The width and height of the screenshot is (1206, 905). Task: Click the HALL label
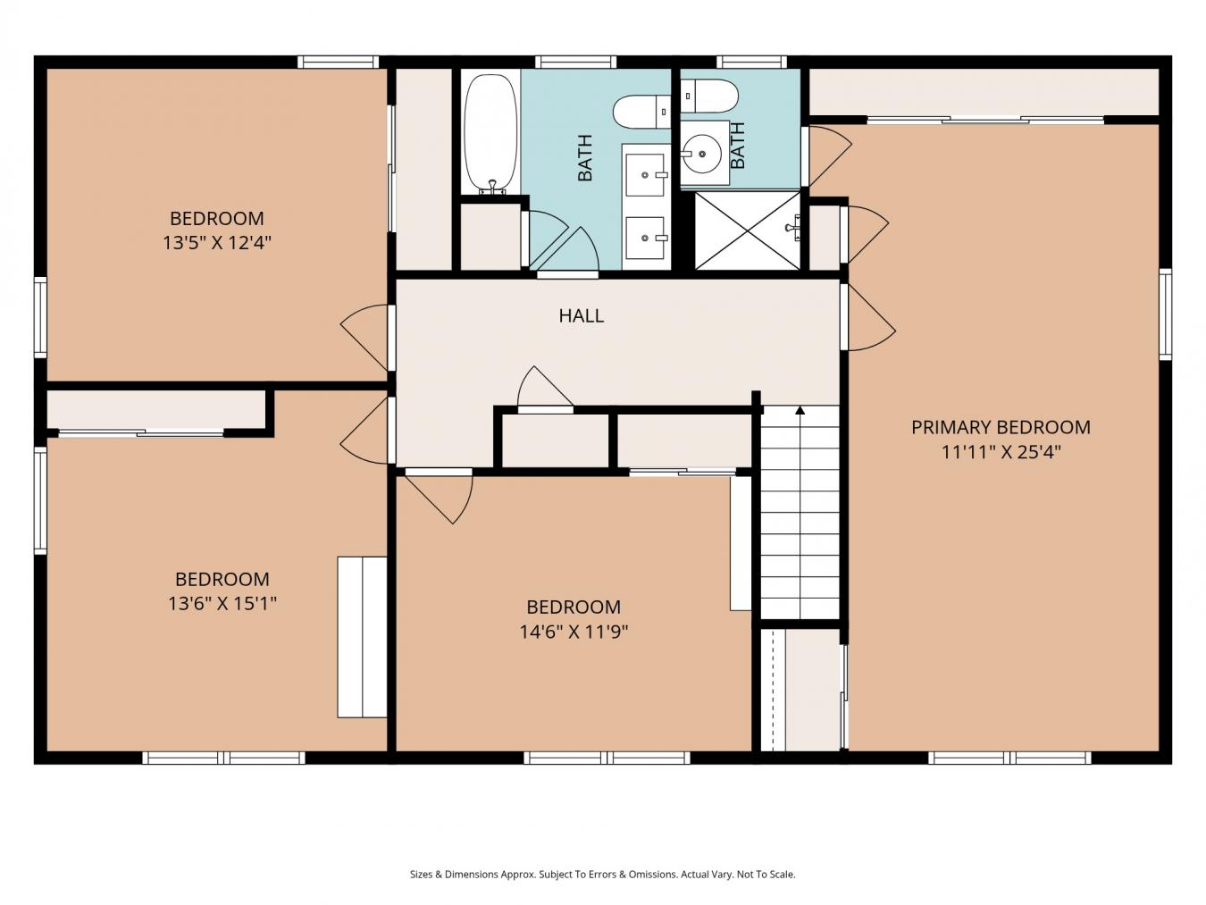(581, 315)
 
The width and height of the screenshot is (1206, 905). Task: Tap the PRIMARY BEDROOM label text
(1001, 427)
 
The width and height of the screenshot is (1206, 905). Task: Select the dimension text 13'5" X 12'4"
(217, 242)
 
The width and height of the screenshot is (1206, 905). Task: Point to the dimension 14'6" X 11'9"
(574, 632)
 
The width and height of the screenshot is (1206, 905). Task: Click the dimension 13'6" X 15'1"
(222, 603)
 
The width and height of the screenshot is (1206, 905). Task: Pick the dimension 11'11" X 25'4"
(1001, 452)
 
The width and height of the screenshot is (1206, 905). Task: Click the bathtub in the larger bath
(490, 134)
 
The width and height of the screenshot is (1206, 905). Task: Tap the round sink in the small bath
(702, 154)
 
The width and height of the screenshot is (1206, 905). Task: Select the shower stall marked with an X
(747, 230)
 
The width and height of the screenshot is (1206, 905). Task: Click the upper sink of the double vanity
(645, 175)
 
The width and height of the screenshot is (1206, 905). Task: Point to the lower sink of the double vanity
(645, 238)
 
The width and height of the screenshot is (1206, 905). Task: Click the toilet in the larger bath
(641, 112)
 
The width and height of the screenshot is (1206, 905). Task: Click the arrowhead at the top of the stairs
(800, 409)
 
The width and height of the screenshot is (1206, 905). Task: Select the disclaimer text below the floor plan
(602, 874)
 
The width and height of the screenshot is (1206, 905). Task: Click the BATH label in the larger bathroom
(585, 158)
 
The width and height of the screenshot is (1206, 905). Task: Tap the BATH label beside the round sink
(738, 146)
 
